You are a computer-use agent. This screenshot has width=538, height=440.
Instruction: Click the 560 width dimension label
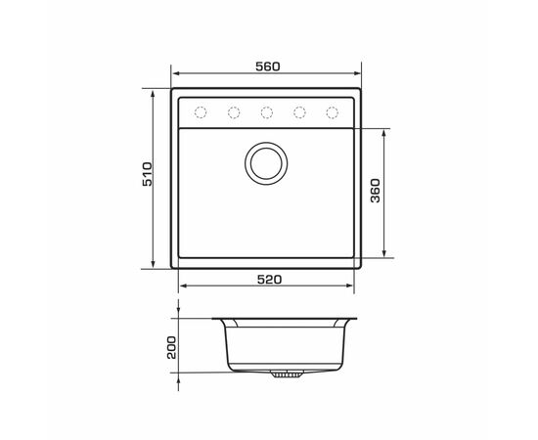click(268, 66)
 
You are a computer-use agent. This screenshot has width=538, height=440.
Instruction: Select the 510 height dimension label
click(147, 174)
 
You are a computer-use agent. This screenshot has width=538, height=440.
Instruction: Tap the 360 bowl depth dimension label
click(376, 191)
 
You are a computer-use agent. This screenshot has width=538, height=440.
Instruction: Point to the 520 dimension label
click(269, 280)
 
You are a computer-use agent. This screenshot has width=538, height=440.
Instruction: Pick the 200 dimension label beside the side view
click(171, 347)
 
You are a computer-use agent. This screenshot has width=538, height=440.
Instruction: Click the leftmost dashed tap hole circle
click(201, 112)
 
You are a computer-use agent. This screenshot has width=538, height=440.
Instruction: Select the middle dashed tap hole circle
click(267, 112)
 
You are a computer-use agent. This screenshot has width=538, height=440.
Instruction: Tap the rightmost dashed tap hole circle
click(333, 112)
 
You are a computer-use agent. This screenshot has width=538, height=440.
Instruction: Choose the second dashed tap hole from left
click(234, 112)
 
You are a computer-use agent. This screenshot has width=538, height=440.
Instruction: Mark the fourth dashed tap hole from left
click(299, 112)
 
